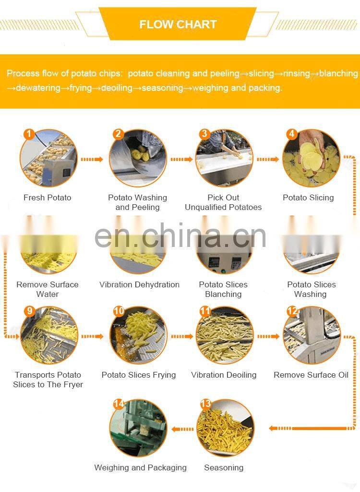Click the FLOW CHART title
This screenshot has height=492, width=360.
coord(178,24)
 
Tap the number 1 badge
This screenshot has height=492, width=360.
coord(29,135)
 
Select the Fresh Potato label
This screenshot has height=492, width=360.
coord(48,197)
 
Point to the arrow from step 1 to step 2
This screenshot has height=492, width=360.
coord(92,160)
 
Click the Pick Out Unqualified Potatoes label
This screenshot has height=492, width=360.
coord(223,202)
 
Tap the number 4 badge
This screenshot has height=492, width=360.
coord(292,134)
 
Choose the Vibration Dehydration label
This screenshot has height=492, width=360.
coord(139,284)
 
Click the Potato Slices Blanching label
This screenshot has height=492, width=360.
coord(223,289)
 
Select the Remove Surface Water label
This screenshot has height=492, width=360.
coord(48,289)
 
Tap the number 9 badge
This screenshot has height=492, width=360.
coord(29,311)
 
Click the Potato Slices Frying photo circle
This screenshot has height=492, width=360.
coord(138,335)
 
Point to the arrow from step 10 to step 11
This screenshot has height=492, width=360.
coord(182,337)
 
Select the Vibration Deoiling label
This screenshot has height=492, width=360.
coord(224,375)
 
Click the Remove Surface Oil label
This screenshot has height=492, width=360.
coord(311,375)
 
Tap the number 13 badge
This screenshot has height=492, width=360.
coord(206,404)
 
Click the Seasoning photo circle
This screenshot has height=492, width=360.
coord(225,428)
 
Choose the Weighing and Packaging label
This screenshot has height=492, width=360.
coord(140,468)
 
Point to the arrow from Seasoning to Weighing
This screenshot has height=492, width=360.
coord(182,429)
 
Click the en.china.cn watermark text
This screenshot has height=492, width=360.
coord(180,236)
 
